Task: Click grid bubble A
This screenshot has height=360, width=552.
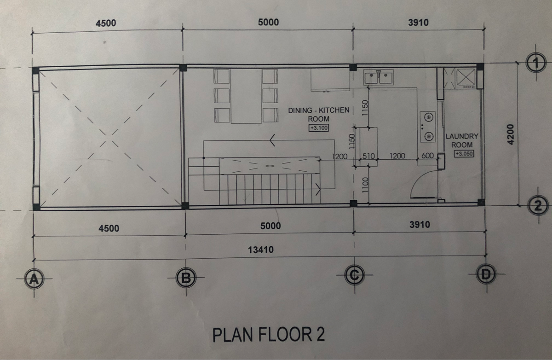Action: (x=34, y=279)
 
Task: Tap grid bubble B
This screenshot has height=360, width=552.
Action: (x=186, y=278)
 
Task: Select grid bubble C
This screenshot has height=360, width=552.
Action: (x=354, y=275)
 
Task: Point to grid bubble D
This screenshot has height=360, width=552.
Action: (x=486, y=274)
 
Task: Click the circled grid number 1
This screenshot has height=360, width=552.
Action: (x=536, y=63)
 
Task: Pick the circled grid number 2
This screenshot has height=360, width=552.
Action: (x=538, y=205)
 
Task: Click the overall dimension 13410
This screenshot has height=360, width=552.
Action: (x=261, y=250)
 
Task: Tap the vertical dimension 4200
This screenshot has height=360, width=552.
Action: (x=511, y=134)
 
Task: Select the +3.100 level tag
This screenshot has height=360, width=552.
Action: (x=319, y=128)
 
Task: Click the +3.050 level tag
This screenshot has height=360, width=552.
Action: (x=464, y=154)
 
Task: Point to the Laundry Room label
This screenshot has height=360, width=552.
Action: (x=462, y=140)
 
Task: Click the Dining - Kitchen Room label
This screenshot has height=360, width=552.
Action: (x=319, y=115)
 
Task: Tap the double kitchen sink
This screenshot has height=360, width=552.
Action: (x=378, y=77)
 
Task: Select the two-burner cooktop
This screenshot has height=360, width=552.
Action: (x=427, y=127)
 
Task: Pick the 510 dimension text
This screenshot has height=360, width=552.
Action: (x=368, y=156)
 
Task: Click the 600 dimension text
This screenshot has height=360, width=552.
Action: (x=427, y=156)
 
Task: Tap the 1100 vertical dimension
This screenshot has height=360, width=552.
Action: (x=365, y=185)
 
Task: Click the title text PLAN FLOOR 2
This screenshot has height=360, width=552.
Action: (x=268, y=335)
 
